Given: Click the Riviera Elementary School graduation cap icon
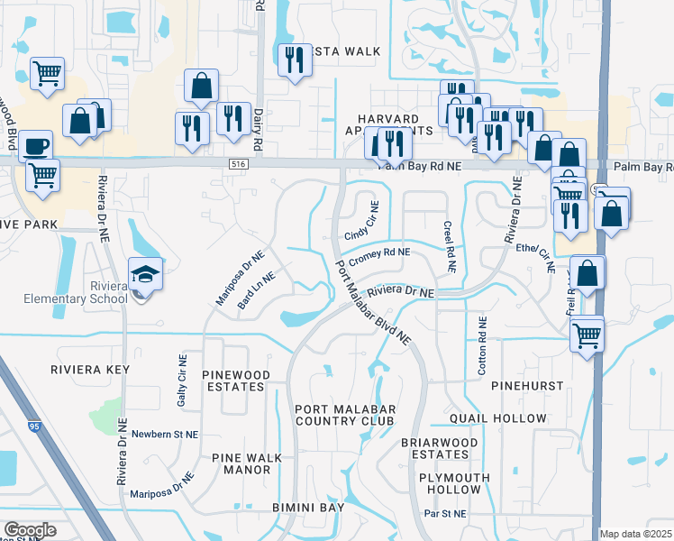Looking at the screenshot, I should pos(144,271).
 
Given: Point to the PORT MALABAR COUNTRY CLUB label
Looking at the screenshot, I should pos(344,415).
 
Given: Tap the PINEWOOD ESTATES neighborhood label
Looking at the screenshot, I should pos(234,380).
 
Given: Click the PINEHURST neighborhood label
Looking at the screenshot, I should pos(527,385).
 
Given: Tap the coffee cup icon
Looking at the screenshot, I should pos(35,145).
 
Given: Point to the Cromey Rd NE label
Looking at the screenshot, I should pos(379,255).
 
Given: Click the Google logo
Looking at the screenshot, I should pos(30,530).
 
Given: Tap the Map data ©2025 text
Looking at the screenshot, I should pos(636,534).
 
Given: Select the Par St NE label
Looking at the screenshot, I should pos(447,513).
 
